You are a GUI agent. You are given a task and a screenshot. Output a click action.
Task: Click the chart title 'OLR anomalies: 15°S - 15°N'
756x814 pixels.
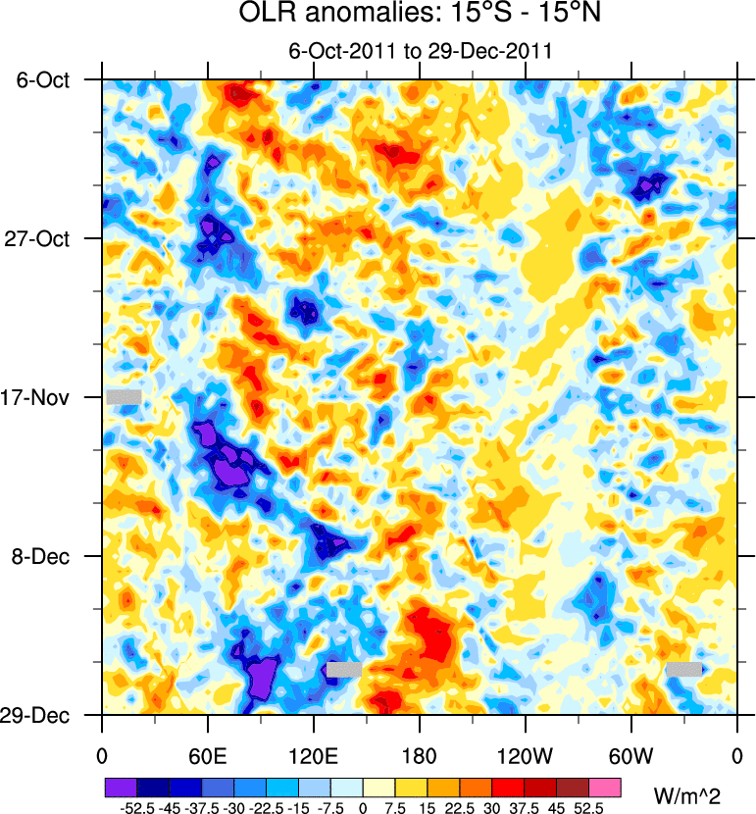click(421, 16)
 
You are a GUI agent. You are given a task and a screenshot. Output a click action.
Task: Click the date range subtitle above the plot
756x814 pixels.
click(421, 51)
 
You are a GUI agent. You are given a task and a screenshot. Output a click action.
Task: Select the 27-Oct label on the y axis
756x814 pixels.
click(45, 239)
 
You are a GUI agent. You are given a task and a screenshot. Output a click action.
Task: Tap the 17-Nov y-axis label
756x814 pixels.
click(44, 398)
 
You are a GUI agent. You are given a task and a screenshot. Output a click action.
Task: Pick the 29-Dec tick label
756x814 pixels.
click(45, 716)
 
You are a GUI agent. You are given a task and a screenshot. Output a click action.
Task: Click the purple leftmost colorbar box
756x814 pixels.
click(121, 788)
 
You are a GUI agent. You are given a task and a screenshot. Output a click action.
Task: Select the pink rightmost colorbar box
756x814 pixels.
click(605, 788)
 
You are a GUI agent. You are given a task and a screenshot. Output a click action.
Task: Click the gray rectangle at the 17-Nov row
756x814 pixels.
click(125, 396)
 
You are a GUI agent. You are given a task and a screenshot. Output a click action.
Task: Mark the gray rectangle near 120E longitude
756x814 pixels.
click(344, 669)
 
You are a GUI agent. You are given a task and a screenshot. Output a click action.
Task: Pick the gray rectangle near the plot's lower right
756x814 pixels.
click(683, 669)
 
